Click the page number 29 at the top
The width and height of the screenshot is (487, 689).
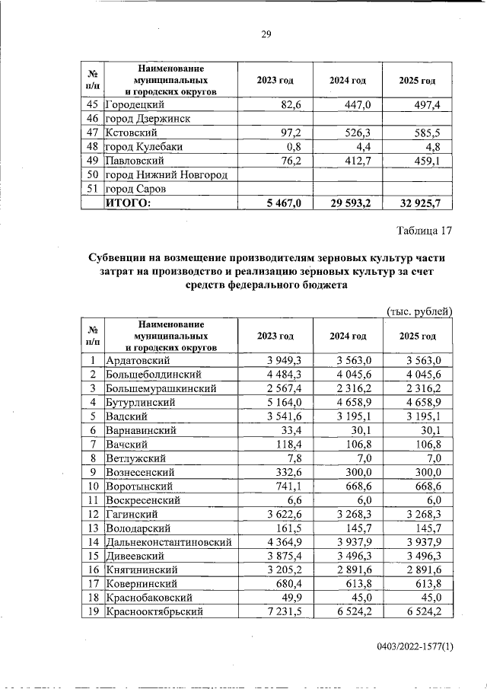click(x=266, y=34)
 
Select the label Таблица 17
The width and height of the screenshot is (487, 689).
click(x=425, y=230)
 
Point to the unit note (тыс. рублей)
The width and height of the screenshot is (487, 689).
click(x=420, y=311)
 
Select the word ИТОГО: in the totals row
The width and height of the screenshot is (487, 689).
click(x=129, y=203)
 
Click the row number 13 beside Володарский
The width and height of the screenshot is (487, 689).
click(x=92, y=528)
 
